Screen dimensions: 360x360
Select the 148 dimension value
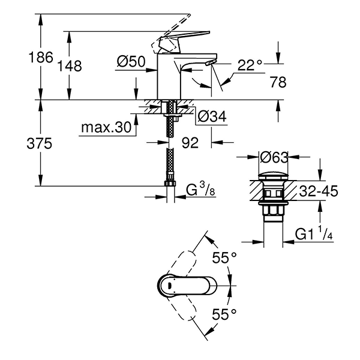[70, 66]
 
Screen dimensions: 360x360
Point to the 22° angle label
[251, 64]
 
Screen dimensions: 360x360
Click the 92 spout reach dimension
[190, 143]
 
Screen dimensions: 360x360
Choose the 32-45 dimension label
[318, 191]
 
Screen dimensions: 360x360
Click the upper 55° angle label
[225, 258]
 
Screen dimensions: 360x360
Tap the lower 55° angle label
[225, 314]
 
